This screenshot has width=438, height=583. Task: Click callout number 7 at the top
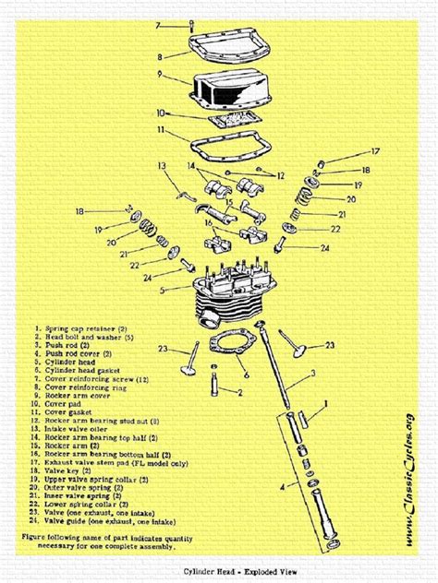[158, 25]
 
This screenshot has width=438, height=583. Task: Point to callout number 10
[159, 113]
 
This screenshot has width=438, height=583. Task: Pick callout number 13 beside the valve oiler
[160, 166]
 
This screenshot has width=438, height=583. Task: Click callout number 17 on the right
[376, 151]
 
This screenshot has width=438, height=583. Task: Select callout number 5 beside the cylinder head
[162, 291]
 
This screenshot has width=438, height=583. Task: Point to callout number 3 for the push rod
[314, 374]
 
